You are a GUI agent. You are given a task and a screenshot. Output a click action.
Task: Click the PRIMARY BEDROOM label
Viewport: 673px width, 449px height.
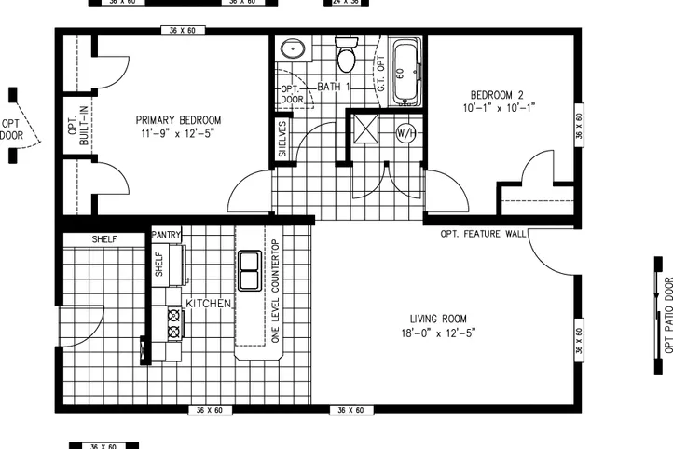point(178,120)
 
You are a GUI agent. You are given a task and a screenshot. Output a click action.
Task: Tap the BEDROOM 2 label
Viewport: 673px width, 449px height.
point(501,95)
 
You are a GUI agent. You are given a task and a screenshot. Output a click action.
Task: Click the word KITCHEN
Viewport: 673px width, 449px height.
point(209,304)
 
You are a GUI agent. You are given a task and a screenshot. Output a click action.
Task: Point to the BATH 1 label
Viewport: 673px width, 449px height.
point(333,87)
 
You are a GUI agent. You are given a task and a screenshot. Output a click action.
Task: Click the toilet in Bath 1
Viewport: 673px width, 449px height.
point(347,58)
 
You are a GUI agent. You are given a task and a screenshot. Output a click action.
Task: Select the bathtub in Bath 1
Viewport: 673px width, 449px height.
point(406,73)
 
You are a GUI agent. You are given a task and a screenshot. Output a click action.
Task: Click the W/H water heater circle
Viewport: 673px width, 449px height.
point(406,132)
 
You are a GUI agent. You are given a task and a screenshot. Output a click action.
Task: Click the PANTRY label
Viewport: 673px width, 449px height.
point(166,235)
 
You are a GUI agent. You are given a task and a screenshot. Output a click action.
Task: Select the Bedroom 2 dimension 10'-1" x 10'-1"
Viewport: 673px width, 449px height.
point(501,107)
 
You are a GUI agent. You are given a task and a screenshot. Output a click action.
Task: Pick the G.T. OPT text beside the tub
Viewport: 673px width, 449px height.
point(380,73)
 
